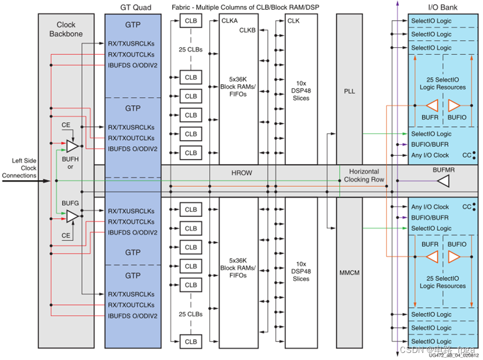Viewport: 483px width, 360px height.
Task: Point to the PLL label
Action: click(x=349, y=91)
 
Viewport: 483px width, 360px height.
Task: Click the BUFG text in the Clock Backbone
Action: click(x=70, y=202)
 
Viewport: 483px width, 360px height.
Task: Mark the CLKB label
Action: click(x=248, y=30)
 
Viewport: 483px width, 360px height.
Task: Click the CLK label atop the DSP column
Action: click(x=293, y=21)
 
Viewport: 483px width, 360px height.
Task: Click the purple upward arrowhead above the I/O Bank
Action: click(x=398, y=4)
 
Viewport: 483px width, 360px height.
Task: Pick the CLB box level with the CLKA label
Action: click(x=191, y=21)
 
